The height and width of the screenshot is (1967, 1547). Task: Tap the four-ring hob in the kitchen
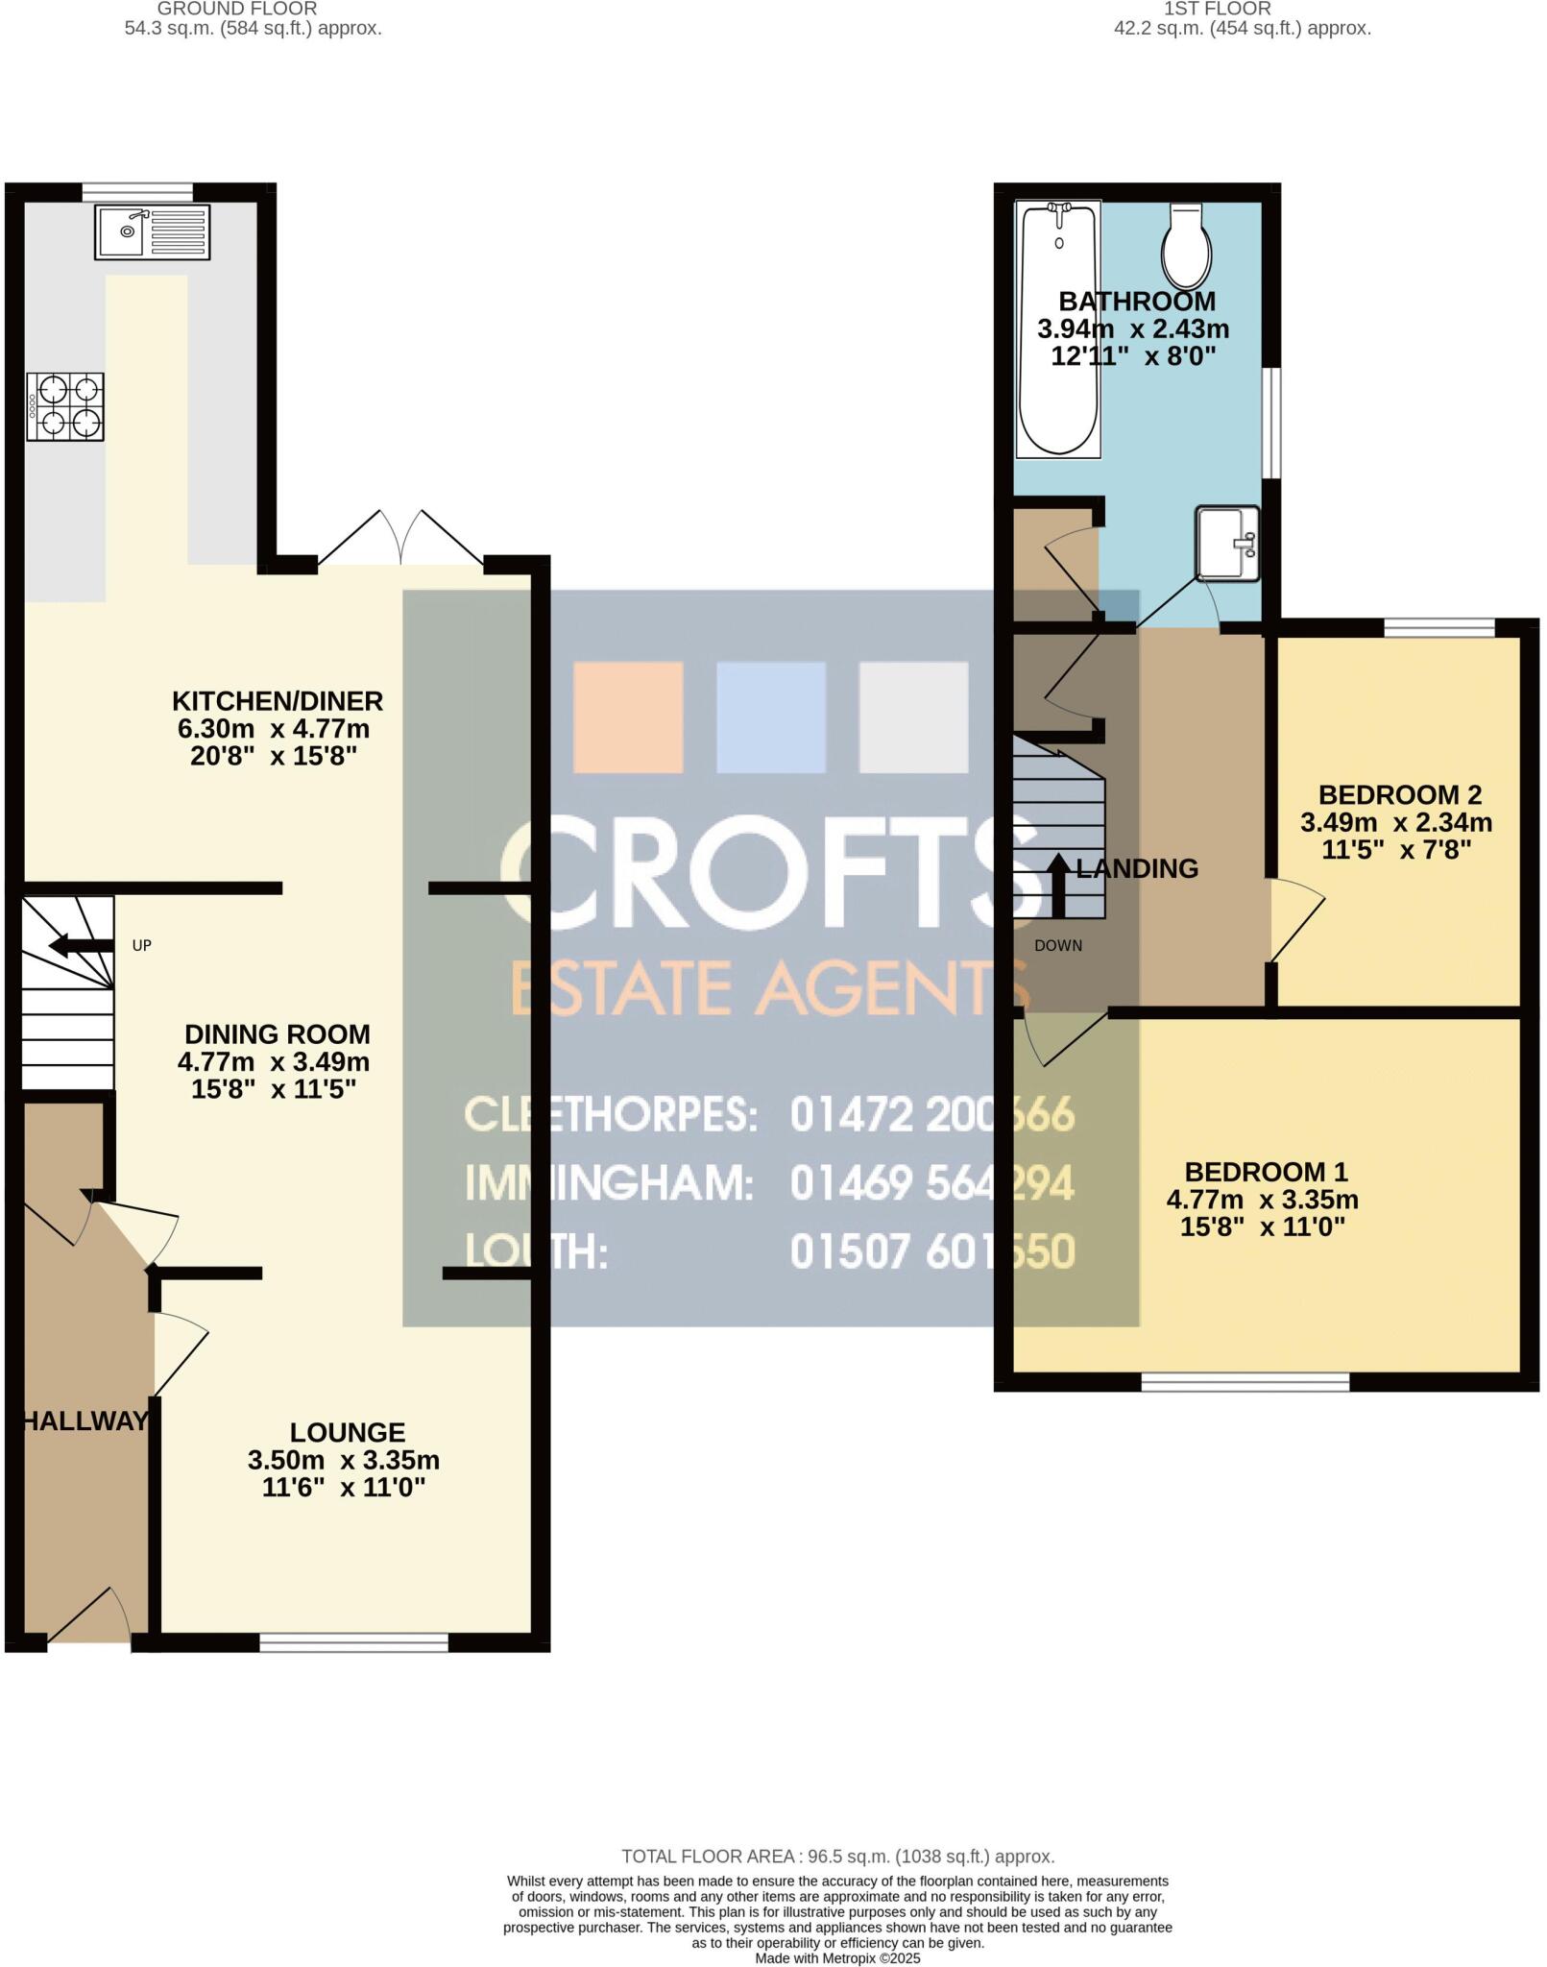[x=65, y=406]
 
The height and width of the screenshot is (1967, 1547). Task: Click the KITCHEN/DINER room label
[x=278, y=701]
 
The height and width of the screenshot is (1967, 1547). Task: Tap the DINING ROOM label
[x=278, y=1035]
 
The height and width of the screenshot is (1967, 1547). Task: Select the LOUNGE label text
[x=348, y=1433]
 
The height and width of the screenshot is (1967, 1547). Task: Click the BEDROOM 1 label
[x=1266, y=1172]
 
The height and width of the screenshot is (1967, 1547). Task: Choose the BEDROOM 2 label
[x=1399, y=795]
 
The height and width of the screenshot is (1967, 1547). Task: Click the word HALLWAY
[x=85, y=1421]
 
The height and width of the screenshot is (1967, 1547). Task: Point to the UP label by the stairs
[x=142, y=946]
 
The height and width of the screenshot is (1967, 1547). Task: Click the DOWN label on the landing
[x=1058, y=946]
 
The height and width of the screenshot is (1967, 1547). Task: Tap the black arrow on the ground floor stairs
[x=80, y=946]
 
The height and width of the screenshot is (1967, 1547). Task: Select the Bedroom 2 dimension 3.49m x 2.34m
[x=1396, y=823]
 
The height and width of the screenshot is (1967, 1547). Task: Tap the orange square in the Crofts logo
[x=628, y=717]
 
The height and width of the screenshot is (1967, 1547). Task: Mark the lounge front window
[x=353, y=1643]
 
